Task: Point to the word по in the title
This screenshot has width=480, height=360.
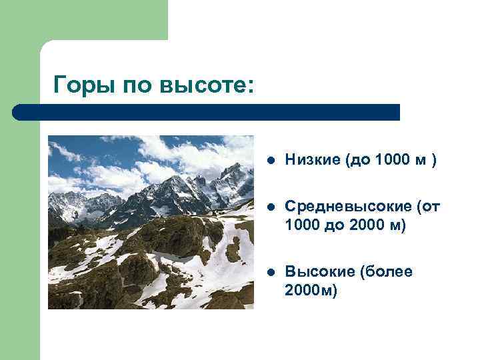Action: pos(139,85)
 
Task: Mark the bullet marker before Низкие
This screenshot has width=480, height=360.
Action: pos(269,161)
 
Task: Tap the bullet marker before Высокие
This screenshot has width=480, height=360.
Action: pos(269,273)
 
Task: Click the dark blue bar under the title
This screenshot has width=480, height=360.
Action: pos(207,112)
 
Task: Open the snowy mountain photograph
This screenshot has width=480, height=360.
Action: pos(151,222)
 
